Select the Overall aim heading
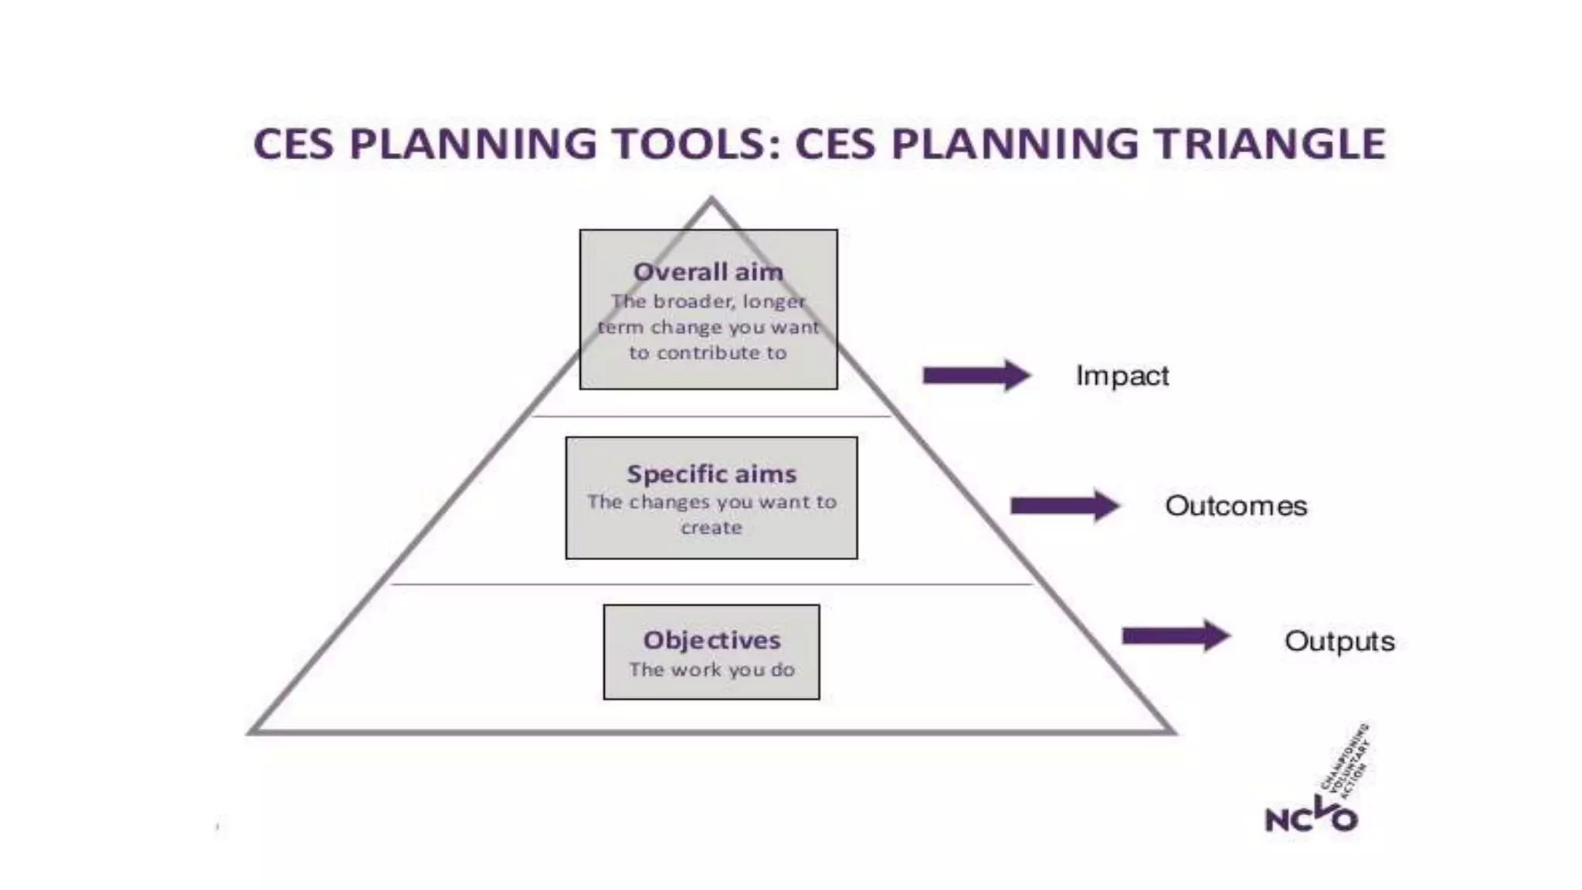click(x=708, y=272)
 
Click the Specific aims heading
click(x=711, y=474)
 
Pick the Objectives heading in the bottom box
click(x=711, y=640)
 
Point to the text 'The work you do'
click(x=711, y=669)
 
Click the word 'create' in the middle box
click(x=711, y=528)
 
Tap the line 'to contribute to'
click(x=708, y=353)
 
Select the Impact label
click(x=1122, y=376)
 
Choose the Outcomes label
click(x=1236, y=506)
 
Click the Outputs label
click(x=1339, y=641)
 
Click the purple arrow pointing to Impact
click(x=976, y=375)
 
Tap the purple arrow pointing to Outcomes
click(x=1064, y=506)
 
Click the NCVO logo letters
click(x=1311, y=817)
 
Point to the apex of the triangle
click(x=711, y=200)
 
